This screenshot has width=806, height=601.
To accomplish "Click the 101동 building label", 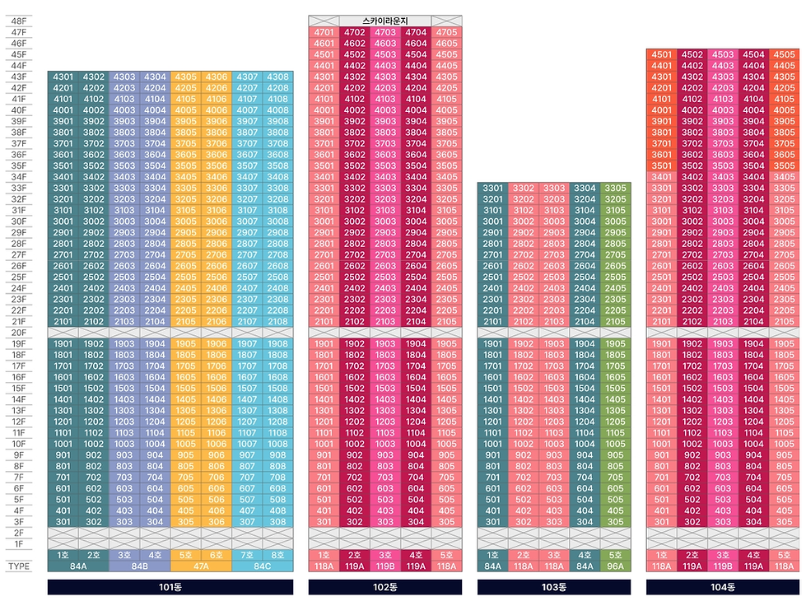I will point(170,587).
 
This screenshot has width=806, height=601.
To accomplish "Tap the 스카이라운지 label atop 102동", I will point(384,21).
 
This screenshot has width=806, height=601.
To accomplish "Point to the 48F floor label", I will point(17,21).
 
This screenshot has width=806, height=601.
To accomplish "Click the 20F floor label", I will point(17,333).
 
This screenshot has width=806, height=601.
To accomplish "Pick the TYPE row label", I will point(19,566).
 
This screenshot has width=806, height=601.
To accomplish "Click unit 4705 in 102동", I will point(446,32).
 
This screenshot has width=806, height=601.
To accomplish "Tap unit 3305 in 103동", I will point(615,188).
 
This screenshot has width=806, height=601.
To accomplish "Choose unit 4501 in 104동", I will point(661,54).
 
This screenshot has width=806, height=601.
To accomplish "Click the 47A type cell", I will point(201,566).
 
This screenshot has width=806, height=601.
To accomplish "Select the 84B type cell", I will point(139,566).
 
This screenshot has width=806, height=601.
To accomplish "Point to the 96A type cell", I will point(615,566).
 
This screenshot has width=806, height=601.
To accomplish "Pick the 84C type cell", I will point(263,566).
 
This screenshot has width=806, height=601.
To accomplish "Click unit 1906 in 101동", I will point(217,344).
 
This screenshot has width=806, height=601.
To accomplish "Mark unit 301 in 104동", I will point(661,521).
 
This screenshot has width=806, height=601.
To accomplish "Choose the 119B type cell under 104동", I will point(723,566).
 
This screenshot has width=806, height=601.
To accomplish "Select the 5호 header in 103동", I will point(615,555).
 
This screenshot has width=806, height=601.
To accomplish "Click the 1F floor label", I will point(17,544).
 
